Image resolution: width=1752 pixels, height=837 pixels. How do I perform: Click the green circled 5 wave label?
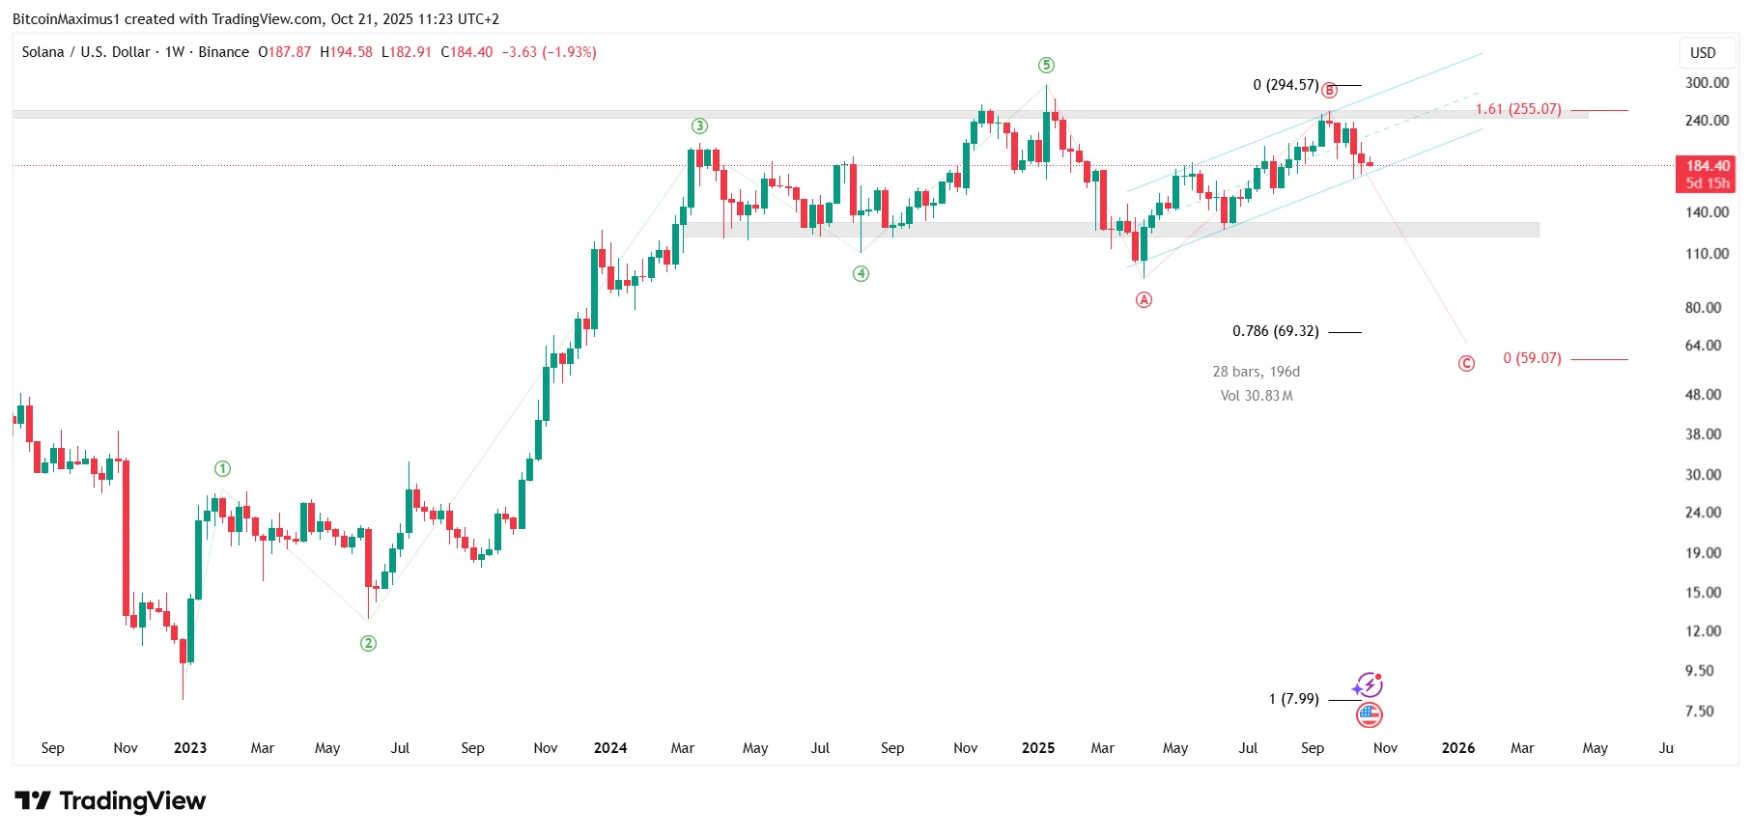tap(1046, 66)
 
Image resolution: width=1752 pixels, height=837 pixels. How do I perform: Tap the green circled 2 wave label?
tap(368, 644)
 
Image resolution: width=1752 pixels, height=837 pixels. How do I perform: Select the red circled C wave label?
tap(1466, 364)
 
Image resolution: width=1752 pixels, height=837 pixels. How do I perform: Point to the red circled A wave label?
tap(1144, 300)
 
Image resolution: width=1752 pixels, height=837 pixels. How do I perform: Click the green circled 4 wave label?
tap(861, 274)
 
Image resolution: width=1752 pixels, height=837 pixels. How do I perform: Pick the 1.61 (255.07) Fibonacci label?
tap(1517, 109)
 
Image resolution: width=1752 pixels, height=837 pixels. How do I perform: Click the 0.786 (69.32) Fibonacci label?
tap(1275, 331)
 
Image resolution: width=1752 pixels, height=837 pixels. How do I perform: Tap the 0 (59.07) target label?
tap(1532, 358)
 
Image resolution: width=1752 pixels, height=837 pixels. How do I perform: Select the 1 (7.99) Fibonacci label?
tap(1293, 699)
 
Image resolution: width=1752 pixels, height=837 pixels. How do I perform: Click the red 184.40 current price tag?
tap(1707, 166)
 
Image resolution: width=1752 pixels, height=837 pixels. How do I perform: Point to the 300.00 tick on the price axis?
tap(1707, 83)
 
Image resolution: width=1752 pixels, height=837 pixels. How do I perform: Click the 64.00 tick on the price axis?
tap(1703, 346)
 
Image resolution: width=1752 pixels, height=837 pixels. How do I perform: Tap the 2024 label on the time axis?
tap(610, 748)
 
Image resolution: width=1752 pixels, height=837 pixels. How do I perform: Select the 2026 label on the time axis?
tap(1457, 748)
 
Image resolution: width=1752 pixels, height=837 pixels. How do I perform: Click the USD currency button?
tap(1703, 53)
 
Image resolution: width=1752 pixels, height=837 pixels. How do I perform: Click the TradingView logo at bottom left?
tap(110, 801)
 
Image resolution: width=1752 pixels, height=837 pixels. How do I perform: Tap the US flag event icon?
tap(1369, 715)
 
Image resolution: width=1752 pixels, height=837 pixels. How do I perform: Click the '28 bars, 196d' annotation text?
tap(1256, 372)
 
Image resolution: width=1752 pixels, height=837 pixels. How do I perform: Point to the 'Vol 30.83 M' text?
tap(1256, 396)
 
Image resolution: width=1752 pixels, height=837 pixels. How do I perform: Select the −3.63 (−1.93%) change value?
tap(549, 52)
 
